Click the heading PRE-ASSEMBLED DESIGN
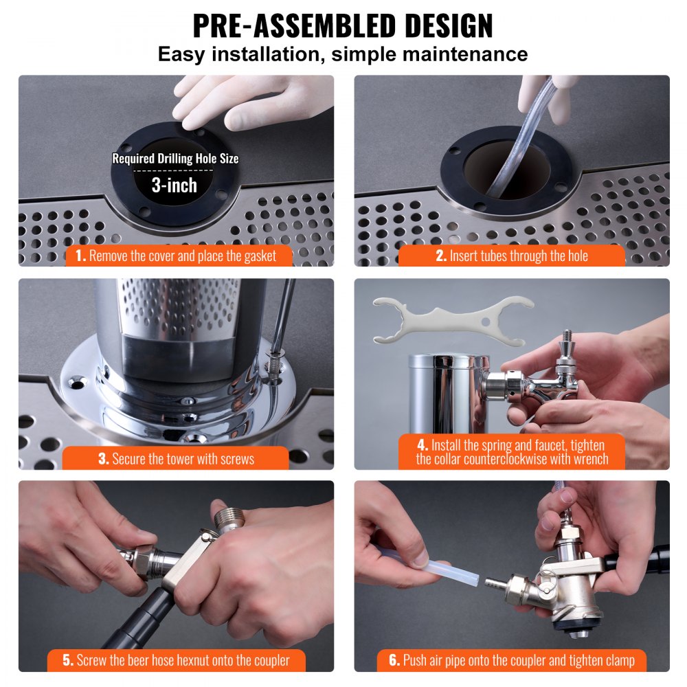coord(343,25)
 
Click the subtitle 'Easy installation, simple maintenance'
coord(343,54)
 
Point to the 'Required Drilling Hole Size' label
coord(175,159)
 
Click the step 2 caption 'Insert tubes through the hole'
coord(512,256)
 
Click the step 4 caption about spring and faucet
coord(512,451)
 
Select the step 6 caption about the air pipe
coord(512,661)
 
